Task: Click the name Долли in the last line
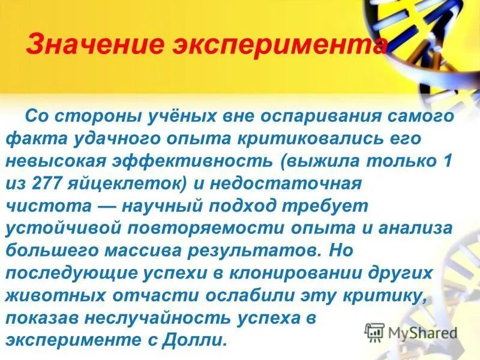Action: click(200, 340)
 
